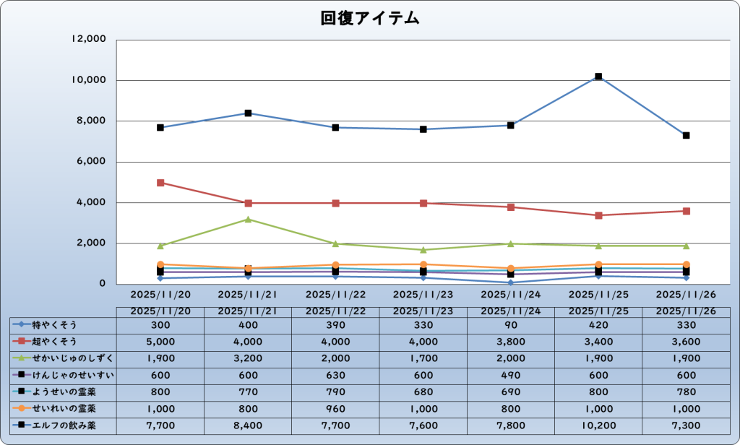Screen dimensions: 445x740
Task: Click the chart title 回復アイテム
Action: [x=369, y=18]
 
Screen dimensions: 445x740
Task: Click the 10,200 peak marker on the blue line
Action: [x=598, y=77]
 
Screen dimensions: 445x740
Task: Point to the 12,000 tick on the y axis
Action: [x=90, y=39]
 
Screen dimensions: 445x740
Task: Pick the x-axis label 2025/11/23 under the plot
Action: [x=423, y=295]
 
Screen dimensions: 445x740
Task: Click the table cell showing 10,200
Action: [x=598, y=425]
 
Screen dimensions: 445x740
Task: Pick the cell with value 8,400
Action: [x=248, y=425]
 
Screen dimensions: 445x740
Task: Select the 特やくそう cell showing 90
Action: [x=511, y=324]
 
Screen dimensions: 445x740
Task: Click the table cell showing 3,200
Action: [x=248, y=358]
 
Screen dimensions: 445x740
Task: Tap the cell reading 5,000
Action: [x=160, y=341]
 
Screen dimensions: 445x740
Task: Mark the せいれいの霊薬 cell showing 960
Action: [x=335, y=409]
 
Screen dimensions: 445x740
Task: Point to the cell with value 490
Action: [x=511, y=375]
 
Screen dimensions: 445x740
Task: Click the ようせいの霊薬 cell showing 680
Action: [x=423, y=392]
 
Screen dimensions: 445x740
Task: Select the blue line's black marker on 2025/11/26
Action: [x=686, y=136]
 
